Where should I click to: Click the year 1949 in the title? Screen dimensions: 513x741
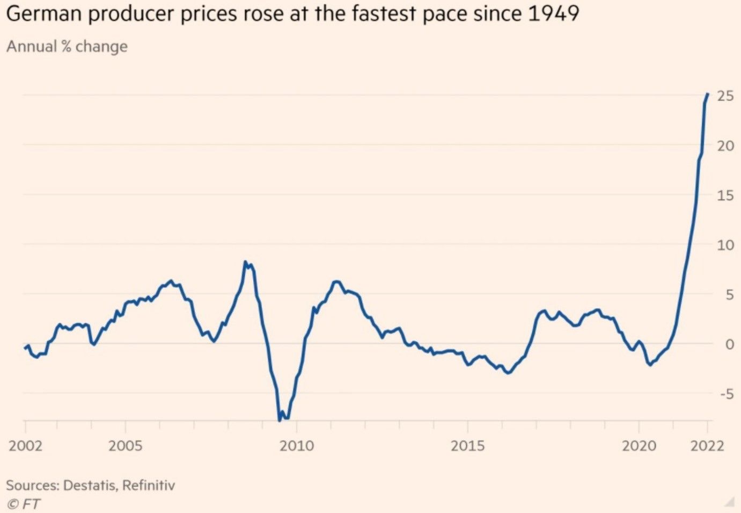point(554,13)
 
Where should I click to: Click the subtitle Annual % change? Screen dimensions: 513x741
point(67,47)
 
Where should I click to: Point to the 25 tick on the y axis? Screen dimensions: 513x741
point(725,96)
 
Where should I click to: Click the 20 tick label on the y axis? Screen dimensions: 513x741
point(725,146)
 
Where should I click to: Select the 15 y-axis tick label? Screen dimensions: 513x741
point(725,196)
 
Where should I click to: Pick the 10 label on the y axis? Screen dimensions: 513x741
point(725,245)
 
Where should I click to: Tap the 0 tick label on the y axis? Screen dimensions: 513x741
point(729,344)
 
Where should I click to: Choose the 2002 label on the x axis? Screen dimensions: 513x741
point(26,446)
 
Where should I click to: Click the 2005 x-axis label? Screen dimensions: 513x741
point(126,446)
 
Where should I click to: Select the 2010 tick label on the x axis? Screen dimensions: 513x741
point(297,446)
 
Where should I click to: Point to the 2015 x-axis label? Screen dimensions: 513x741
point(467,446)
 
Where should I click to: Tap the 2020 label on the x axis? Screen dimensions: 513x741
point(639,446)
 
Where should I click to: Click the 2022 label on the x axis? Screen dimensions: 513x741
point(707,446)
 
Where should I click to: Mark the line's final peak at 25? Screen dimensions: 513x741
point(708,94)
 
